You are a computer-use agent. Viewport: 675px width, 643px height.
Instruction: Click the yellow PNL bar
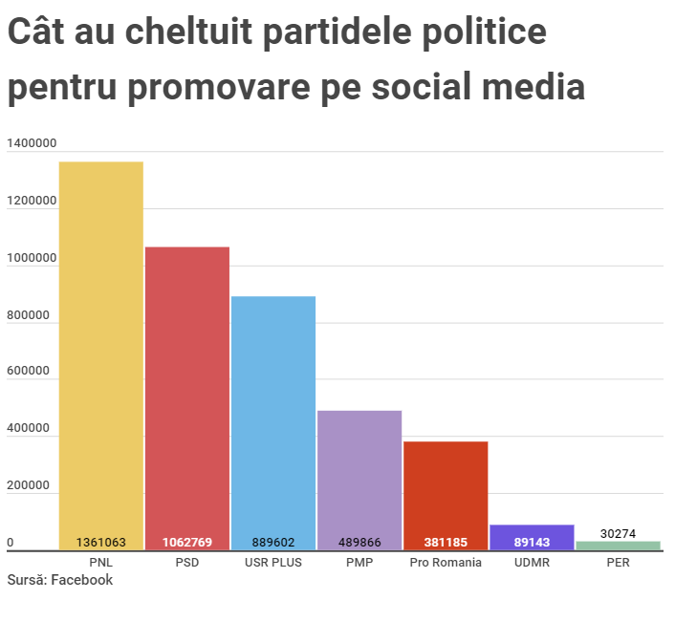(x=101, y=354)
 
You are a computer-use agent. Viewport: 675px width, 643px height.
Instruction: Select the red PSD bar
(x=187, y=397)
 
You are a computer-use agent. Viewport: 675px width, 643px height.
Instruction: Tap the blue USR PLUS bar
(x=273, y=420)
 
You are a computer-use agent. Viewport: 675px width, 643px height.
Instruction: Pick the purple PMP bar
(x=359, y=478)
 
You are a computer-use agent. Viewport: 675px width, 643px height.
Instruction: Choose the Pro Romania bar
(x=446, y=492)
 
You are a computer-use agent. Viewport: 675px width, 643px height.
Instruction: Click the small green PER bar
(x=618, y=546)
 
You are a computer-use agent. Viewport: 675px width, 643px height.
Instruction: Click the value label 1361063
(x=101, y=542)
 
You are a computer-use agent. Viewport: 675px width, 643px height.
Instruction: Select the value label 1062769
(x=187, y=542)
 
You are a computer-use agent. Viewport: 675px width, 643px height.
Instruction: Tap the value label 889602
(x=273, y=542)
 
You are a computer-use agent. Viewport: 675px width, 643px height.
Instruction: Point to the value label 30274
(x=618, y=533)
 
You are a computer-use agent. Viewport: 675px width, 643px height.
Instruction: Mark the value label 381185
(x=446, y=542)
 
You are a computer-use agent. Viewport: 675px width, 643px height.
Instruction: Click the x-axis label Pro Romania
(x=446, y=563)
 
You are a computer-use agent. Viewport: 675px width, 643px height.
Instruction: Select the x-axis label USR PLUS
(x=273, y=563)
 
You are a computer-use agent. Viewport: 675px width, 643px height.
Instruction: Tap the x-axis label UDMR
(x=532, y=563)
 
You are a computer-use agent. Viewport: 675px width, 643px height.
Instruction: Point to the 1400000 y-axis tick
(x=32, y=143)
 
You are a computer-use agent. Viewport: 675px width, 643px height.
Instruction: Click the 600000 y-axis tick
(x=29, y=372)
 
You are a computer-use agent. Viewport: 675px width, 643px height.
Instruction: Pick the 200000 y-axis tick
(x=29, y=486)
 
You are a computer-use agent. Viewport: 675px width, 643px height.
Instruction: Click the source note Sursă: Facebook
(x=59, y=580)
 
